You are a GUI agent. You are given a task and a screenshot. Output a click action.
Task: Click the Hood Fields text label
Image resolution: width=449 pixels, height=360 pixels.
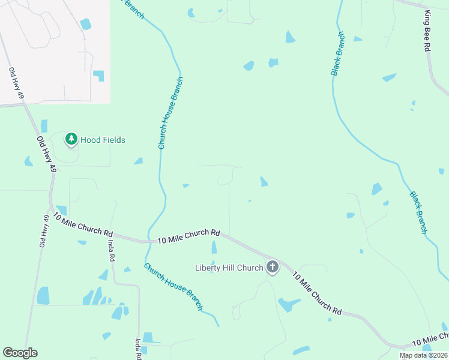(103, 140)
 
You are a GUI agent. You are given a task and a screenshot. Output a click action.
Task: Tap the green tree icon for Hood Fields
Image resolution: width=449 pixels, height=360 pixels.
(71, 139)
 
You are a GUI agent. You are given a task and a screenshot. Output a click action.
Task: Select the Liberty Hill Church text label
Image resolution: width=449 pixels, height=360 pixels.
(229, 268)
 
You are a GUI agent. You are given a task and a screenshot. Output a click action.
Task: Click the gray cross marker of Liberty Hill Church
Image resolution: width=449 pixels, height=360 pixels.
(273, 267)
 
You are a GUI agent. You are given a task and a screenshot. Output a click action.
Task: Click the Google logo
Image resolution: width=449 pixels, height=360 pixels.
(20, 353)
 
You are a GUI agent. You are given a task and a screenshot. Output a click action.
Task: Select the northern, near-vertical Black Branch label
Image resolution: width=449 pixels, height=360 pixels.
(339, 53)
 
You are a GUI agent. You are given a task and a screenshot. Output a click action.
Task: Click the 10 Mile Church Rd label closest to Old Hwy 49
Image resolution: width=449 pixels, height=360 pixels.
(83, 224)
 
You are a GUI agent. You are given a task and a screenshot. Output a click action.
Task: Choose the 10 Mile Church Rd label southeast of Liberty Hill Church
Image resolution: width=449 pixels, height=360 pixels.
(317, 293)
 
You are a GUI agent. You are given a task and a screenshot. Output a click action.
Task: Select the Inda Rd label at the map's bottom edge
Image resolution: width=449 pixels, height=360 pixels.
(138, 349)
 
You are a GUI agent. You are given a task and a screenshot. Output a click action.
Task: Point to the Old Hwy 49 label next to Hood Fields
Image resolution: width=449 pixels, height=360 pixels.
(46, 155)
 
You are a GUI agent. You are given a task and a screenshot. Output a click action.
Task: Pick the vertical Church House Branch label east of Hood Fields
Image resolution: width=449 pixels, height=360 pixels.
(170, 113)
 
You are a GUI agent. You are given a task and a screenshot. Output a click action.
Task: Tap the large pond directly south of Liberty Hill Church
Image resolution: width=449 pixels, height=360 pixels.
(288, 305)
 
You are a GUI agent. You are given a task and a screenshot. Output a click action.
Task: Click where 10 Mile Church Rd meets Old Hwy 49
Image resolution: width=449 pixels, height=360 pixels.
(52, 210)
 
